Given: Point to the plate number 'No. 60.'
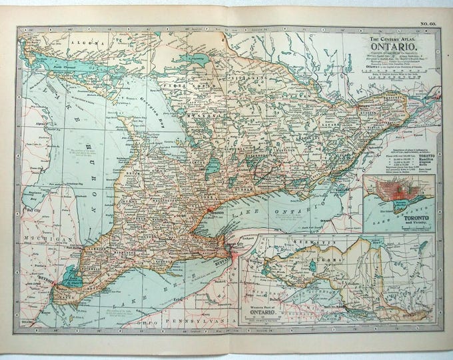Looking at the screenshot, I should coord(428,25).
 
